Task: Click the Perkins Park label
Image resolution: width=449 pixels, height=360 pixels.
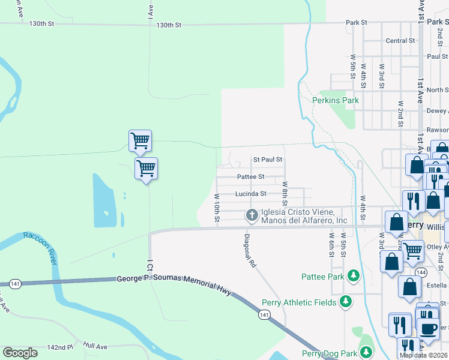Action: tap(335, 100)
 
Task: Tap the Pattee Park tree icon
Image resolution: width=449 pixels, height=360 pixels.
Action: tap(354, 276)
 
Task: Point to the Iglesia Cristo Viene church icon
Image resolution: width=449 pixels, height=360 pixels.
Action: tap(252, 214)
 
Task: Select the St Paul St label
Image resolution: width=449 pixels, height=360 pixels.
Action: tap(267, 160)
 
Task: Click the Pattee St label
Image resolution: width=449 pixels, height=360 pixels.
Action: tap(250, 177)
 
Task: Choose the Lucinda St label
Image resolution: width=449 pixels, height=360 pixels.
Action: tap(250, 194)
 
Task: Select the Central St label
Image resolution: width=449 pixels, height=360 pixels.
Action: tap(400, 41)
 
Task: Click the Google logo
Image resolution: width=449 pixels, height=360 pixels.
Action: tap(20, 353)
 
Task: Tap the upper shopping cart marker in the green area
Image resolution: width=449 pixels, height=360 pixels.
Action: tap(140, 141)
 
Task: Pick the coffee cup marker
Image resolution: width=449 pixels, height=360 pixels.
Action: tap(429, 329)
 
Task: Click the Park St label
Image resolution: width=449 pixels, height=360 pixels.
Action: tap(356, 22)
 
